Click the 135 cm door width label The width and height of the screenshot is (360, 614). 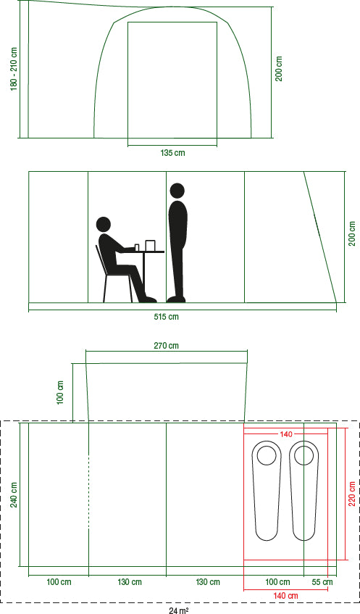172,153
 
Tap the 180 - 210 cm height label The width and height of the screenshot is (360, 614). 14,69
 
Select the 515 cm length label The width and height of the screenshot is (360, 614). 167,316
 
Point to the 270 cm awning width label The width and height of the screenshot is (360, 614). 167,346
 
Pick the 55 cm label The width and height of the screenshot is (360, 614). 322,582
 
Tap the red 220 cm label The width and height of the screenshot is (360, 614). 352,494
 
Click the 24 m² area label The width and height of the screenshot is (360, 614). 179,610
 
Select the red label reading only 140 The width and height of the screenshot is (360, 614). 286,434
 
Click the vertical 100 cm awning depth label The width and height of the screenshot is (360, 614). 60,392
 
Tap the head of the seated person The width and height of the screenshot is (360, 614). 104,225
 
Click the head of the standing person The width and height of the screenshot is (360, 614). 177,191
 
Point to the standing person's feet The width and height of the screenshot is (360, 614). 176,299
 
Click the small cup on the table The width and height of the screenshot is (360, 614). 137,247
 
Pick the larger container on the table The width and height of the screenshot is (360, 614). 151,245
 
